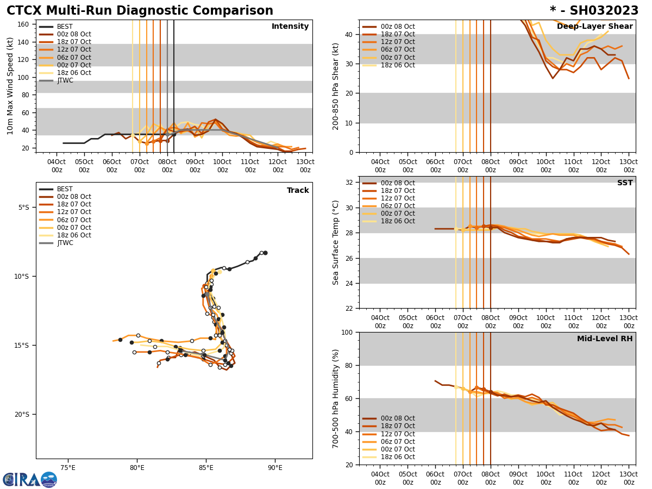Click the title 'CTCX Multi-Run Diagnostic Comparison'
140,11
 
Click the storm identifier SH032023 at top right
594,11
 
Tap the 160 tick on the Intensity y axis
23,24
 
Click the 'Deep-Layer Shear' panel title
594,27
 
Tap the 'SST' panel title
624,183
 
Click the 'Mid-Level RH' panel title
605,339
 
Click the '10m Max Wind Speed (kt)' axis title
10,86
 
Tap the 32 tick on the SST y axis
350,183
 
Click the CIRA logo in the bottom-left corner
29,479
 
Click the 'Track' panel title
298,191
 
